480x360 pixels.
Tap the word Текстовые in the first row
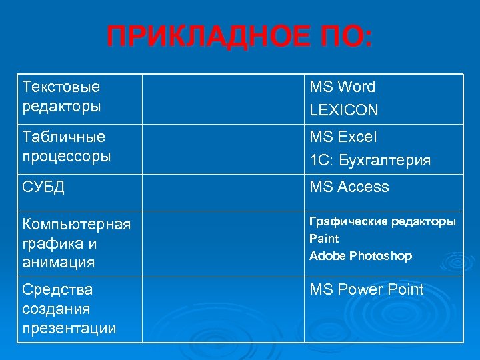pos(61,87)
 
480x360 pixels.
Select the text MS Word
pos(343,87)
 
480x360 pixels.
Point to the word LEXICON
pos(344,110)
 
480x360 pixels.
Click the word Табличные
pos(63,137)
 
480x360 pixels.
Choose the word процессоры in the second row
pos(66,157)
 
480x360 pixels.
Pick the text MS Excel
pos(343,137)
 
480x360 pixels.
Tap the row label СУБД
pos(43,187)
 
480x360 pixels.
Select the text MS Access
pos(349,187)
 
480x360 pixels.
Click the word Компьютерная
pos(76,223)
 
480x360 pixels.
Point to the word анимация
pos(58,263)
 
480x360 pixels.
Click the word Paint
pos(324,239)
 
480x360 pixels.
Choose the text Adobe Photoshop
pos(361,256)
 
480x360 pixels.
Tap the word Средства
pos(57,289)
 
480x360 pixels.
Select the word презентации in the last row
pos(69,329)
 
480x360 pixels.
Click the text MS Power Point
pos(367,289)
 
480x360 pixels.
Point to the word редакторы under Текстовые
pos(61,107)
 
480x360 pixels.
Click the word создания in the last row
pos(56,309)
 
